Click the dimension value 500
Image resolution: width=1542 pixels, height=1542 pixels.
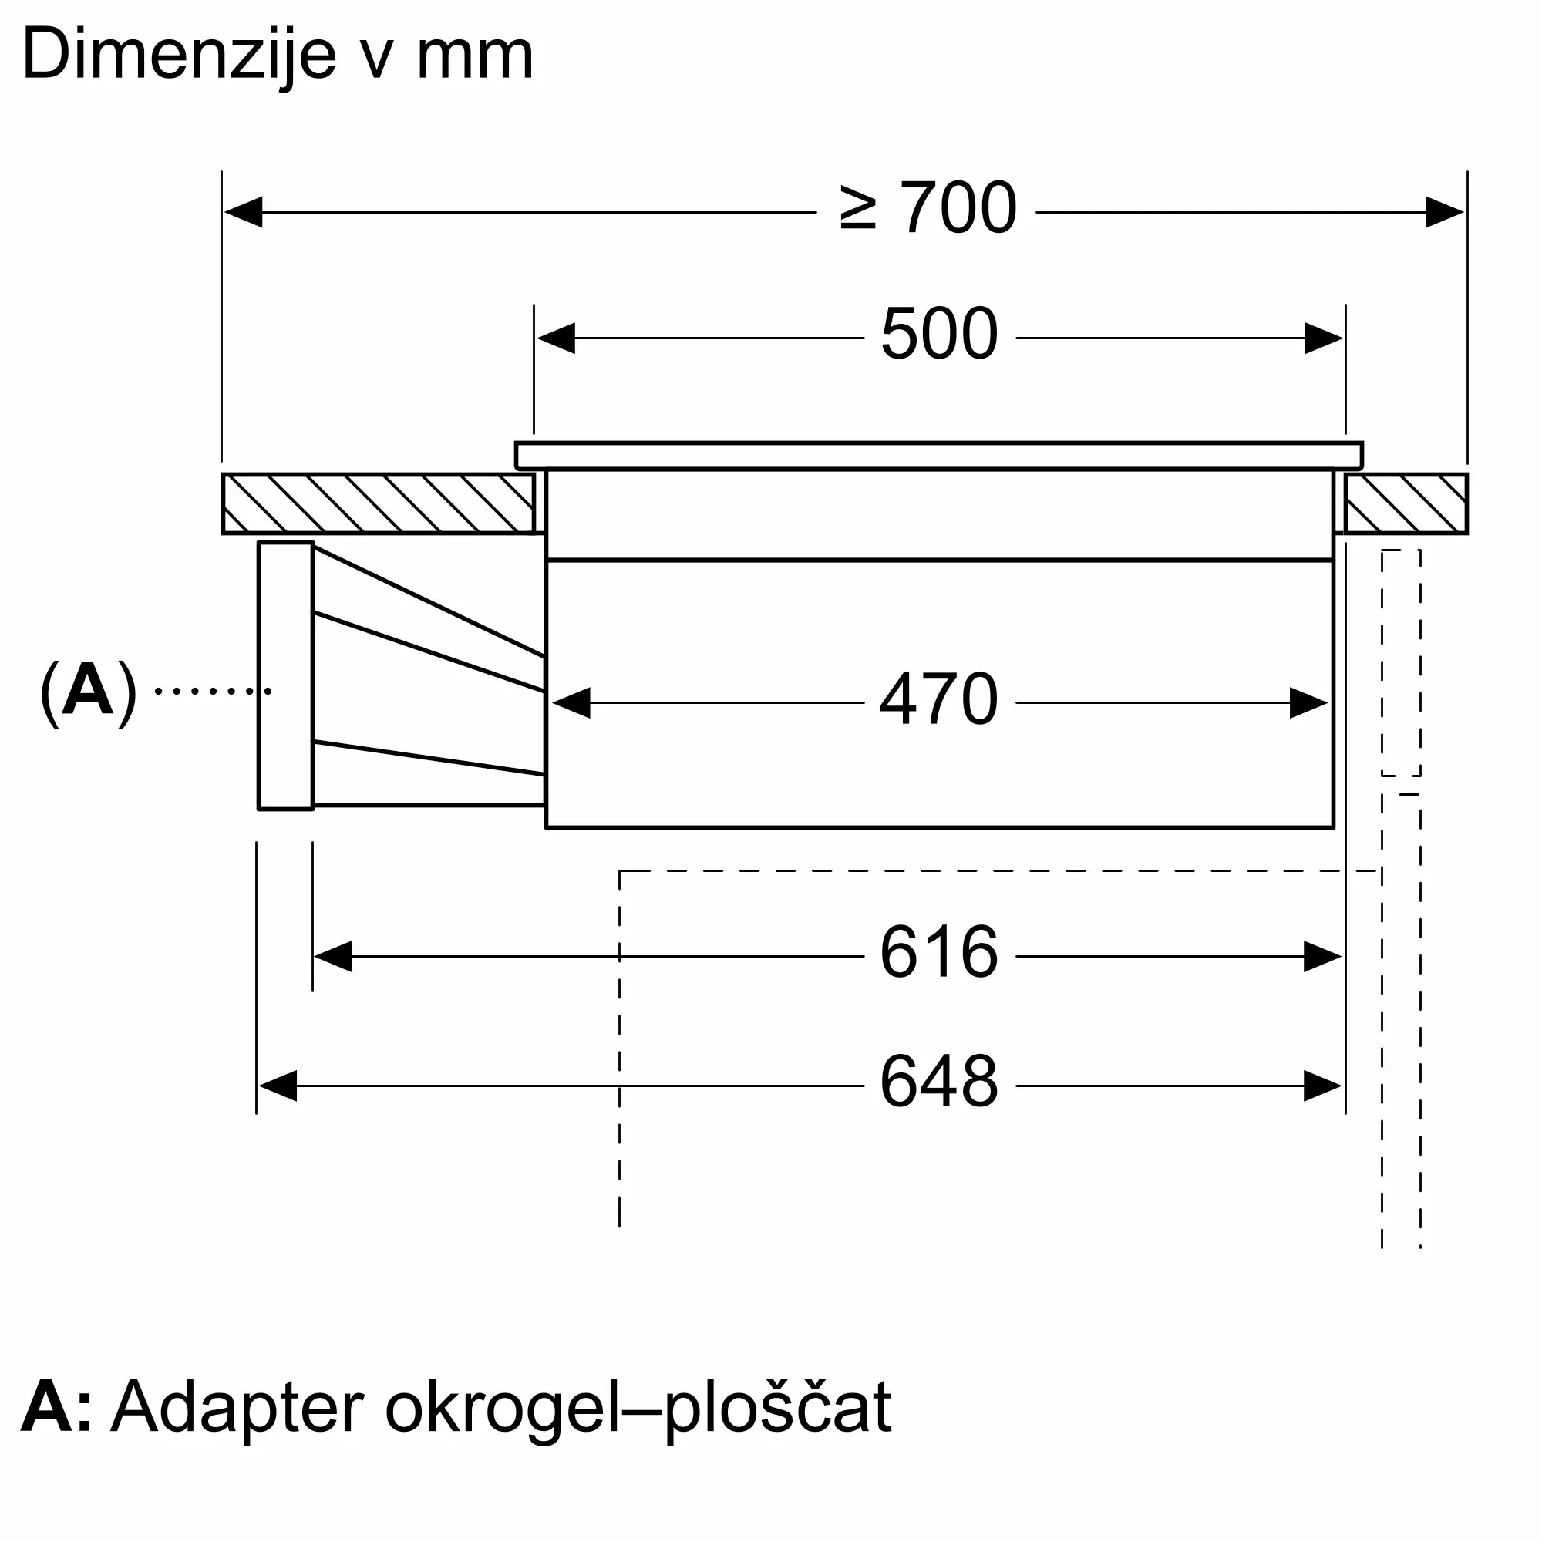(938, 335)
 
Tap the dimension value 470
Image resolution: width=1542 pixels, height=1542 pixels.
(938, 701)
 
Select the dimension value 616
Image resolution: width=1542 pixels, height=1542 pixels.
(938, 953)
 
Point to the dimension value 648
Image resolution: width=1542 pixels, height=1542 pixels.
(938, 1082)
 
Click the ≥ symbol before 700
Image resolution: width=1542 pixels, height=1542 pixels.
(858, 209)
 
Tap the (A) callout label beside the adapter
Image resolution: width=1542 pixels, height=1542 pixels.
(88, 691)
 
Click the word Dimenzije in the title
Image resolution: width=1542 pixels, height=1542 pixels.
(180, 56)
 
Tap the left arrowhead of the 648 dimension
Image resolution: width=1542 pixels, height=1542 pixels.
(278, 1086)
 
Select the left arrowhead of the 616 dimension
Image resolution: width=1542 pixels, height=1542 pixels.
(334, 956)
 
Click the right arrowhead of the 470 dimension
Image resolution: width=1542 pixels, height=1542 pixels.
(1309, 703)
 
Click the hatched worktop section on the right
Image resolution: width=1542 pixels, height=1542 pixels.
(1406, 503)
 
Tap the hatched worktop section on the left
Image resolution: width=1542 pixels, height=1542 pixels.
(378, 503)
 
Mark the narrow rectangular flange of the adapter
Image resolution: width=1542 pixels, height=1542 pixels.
(285, 676)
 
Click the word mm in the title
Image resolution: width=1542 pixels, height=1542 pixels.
(475, 56)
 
